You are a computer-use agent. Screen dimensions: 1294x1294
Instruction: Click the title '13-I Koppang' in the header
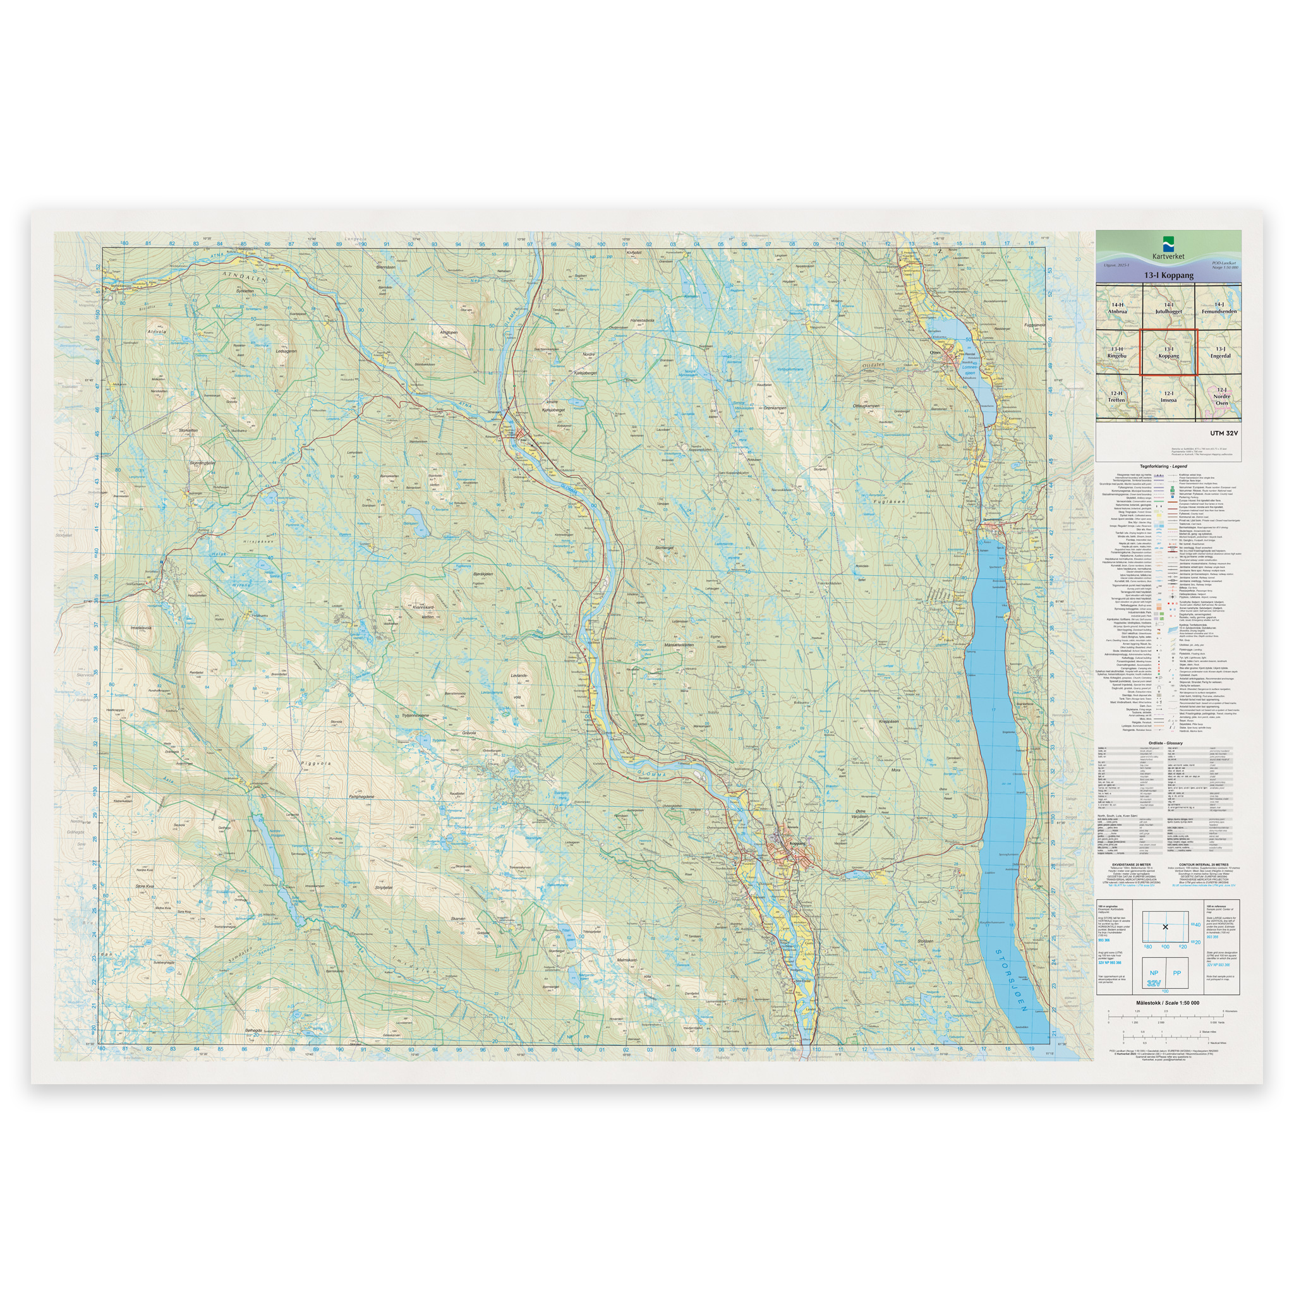[x=1169, y=275]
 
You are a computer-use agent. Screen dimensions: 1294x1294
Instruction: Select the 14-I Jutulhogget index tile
[x=1168, y=308]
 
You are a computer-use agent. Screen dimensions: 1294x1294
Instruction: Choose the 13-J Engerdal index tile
[x=1219, y=353]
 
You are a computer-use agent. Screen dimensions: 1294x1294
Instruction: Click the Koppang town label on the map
[x=796, y=844]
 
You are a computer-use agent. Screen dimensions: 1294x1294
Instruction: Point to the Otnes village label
[x=936, y=353]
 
